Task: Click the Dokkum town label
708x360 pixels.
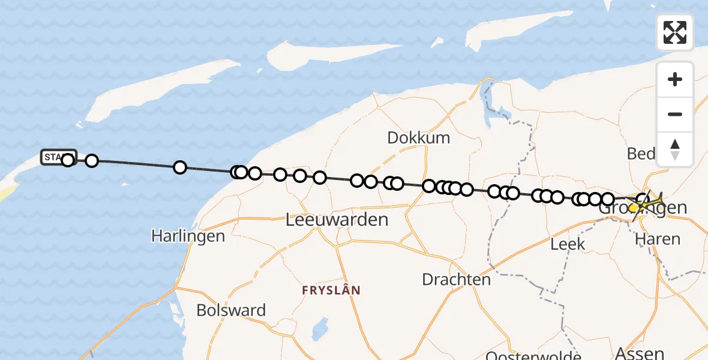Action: point(418,137)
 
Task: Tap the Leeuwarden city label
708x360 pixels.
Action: point(337,220)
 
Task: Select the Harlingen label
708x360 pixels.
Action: point(188,236)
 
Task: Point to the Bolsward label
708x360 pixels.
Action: point(231,310)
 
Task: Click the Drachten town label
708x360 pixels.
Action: point(456,279)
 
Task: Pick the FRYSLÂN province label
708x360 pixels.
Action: point(331,290)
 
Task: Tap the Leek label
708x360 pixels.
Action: point(568,244)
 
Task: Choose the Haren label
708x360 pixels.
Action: point(658,239)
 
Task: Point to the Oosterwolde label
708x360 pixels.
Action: point(533,356)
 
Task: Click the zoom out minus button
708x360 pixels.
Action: point(675,115)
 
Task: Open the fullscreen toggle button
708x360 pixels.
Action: point(675,32)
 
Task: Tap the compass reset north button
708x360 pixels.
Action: point(675,149)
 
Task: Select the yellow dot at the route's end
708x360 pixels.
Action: point(634,208)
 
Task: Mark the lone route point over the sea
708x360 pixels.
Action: point(179,167)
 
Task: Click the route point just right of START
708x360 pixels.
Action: point(92,161)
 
